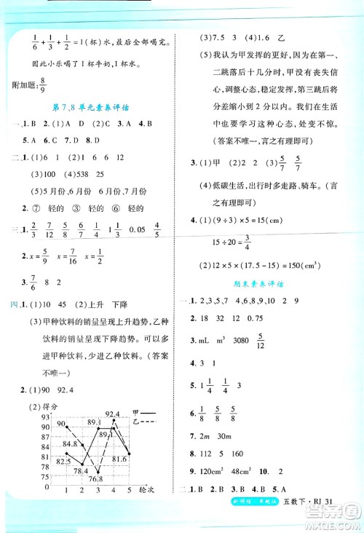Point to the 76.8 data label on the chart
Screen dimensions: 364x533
point(97,478)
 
